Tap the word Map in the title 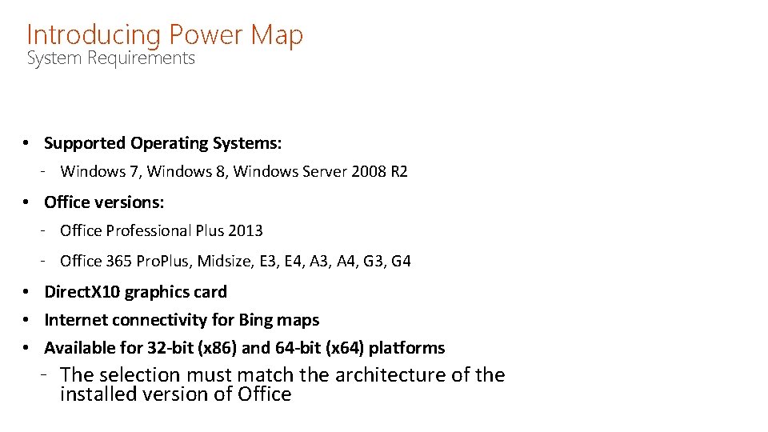(277, 35)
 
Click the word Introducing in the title (94, 35)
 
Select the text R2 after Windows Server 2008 (398, 171)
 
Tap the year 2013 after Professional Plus (245, 230)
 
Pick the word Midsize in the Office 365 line (224, 261)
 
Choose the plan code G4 (401, 261)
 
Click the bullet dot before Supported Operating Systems (26, 143)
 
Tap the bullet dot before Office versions (26, 202)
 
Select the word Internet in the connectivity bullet (74, 320)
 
